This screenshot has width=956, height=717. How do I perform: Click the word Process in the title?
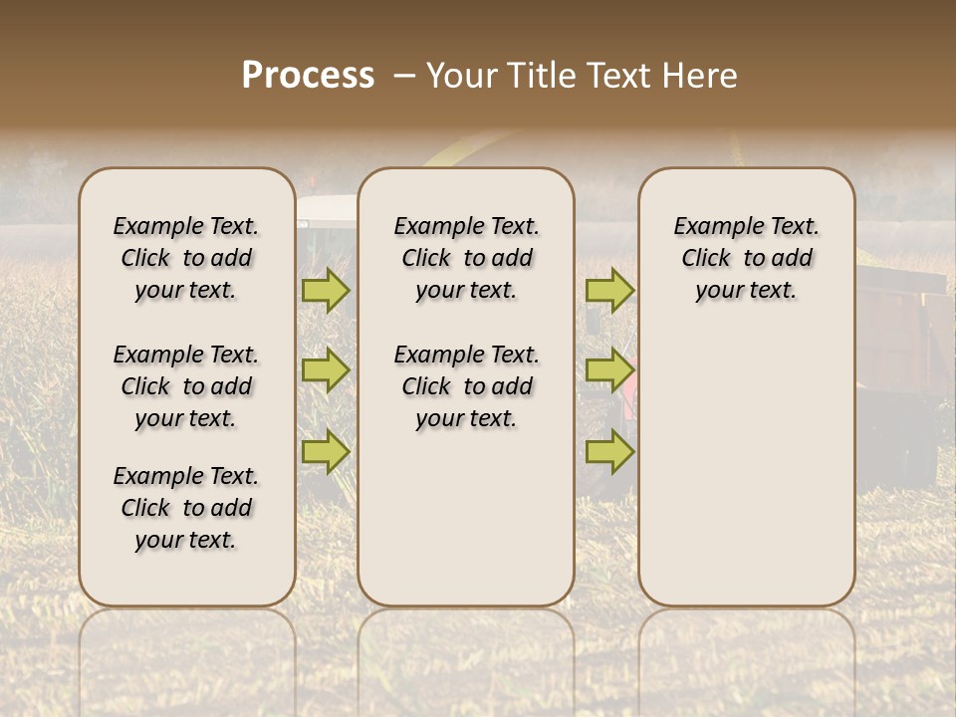[x=308, y=76]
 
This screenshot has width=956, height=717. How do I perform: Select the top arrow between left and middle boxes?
[x=326, y=290]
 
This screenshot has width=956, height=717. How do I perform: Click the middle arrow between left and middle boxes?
[x=326, y=371]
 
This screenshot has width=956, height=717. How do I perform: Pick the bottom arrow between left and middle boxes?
[x=326, y=451]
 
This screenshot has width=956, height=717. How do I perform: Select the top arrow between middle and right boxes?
[x=609, y=290]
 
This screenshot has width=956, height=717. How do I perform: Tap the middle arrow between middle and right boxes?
[x=609, y=371]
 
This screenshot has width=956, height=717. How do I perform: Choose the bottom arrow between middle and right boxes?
[x=609, y=451]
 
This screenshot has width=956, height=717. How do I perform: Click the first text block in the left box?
[x=186, y=258]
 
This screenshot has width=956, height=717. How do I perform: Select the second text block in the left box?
[x=186, y=386]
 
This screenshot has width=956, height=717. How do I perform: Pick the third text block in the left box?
[x=186, y=508]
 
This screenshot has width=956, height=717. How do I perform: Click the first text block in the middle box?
[x=466, y=258]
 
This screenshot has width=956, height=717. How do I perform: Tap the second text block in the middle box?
[x=466, y=386]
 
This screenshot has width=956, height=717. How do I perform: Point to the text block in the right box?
[x=746, y=258]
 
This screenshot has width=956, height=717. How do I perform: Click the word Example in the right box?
[x=711, y=226]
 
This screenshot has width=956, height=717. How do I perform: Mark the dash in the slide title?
[x=404, y=76]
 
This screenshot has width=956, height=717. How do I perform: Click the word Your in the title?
[x=463, y=76]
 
